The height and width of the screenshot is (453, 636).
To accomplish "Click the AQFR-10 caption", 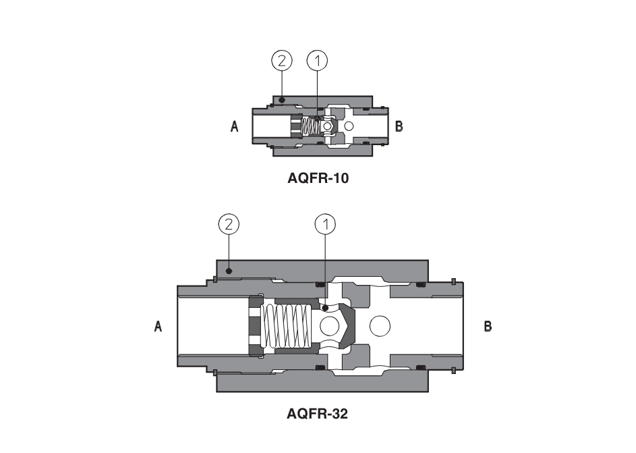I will pyautogui.click(x=316, y=179).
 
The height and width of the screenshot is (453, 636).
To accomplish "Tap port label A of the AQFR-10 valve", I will pyautogui.click(x=235, y=126).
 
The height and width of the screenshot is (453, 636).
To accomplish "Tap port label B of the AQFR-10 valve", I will pyautogui.click(x=399, y=126).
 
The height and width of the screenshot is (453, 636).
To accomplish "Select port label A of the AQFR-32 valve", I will pyautogui.click(x=158, y=327).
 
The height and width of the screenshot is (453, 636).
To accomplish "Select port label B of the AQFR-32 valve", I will pyautogui.click(x=488, y=327).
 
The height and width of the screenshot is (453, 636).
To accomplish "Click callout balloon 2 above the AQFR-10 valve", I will pyautogui.click(x=281, y=61).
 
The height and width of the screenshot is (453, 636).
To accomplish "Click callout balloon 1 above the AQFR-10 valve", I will pyautogui.click(x=317, y=61).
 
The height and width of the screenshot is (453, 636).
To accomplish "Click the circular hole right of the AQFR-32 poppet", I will pyautogui.click(x=380, y=327).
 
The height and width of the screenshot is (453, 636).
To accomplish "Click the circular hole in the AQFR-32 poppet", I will pyautogui.click(x=330, y=327).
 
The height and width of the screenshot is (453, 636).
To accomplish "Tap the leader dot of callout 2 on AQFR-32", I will pyautogui.click(x=229, y=271).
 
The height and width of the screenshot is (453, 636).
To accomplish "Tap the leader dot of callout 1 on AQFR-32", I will pyautogui.click(x=325, y=307).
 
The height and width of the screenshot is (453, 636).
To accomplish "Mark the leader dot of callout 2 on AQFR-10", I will pyautogui.click(x=282, y=99).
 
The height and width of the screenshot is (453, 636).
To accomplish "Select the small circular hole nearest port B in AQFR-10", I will pyautogui.click(x=349, y=126).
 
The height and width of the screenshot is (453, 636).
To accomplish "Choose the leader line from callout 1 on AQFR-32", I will pyautogui.click(x=325, y=270).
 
